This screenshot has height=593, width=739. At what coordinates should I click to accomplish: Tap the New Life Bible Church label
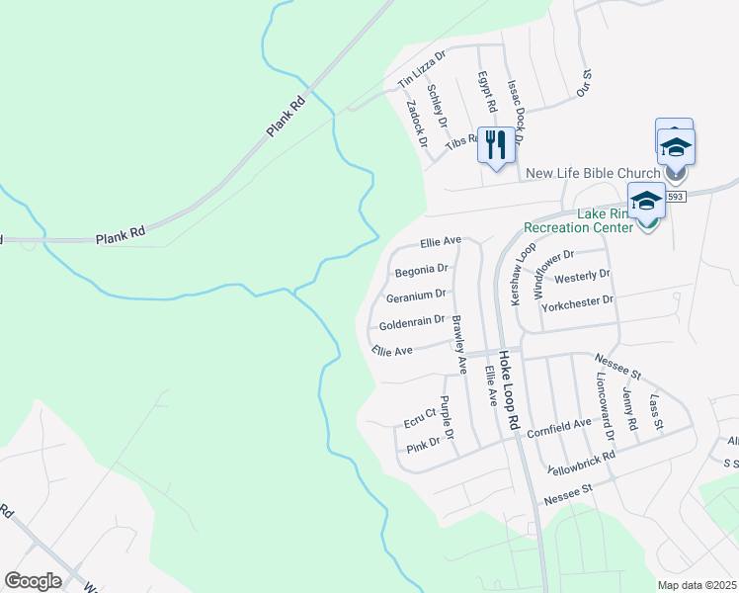[x=593, y=173]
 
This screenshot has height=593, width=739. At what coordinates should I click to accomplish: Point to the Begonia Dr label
[x=422, y=269]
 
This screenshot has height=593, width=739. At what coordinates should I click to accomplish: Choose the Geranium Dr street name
[x=416, y=295]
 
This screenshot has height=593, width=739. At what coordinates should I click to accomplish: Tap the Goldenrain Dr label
[x=412, y=321]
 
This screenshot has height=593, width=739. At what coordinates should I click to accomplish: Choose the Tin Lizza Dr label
[x=422, y=68]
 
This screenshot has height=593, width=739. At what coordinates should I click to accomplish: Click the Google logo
[x=33, y=581]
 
